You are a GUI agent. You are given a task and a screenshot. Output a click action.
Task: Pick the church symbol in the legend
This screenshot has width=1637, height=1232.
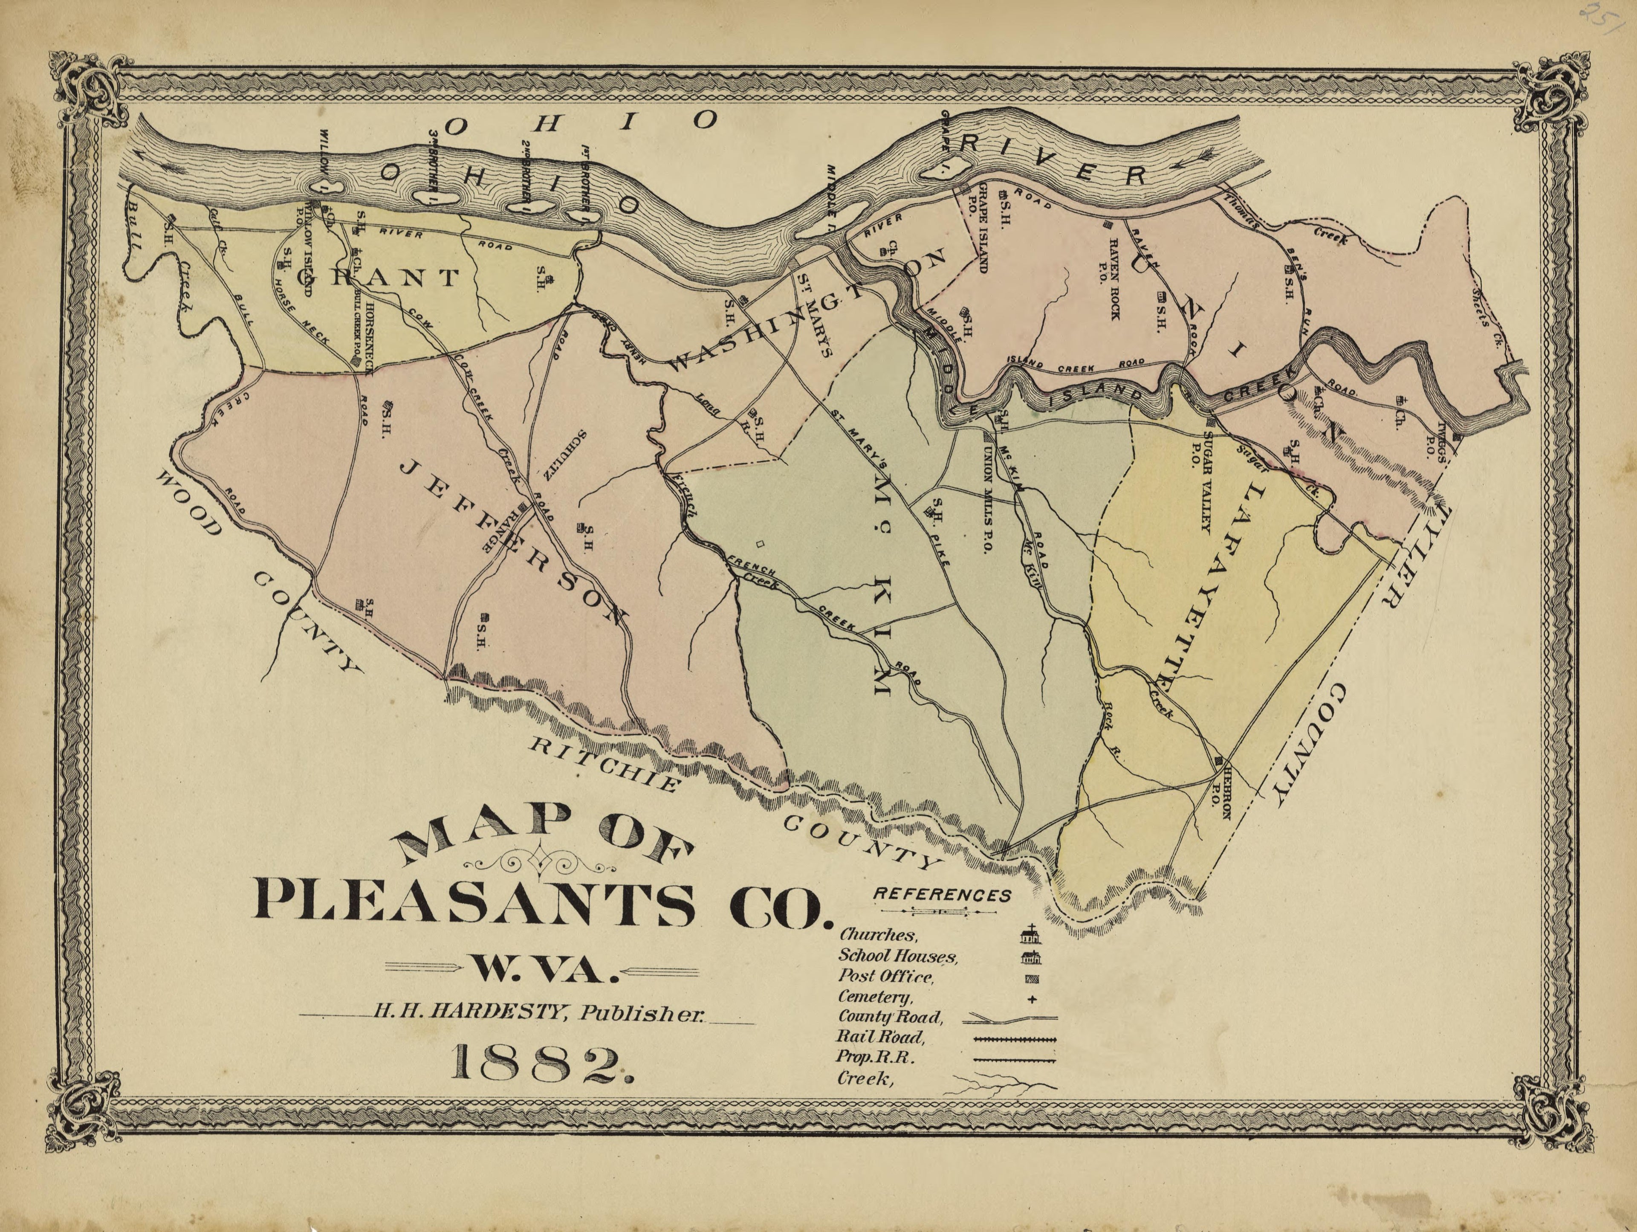pos(1030,934)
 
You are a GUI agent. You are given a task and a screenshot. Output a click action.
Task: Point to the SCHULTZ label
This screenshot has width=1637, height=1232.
pos(562,455)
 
